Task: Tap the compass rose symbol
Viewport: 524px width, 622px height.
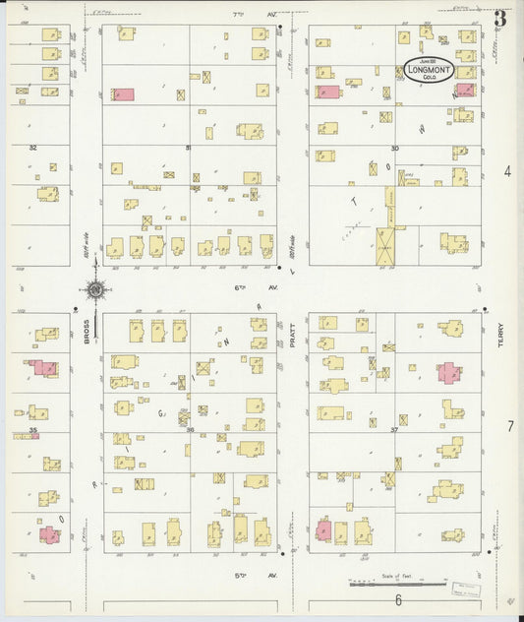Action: (x=94, y=290)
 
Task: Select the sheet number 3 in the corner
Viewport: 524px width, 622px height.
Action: (x=500, y=18)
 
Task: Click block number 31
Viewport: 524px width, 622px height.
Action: (x=189, y=148)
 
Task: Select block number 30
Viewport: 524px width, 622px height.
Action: (x=394, y=148)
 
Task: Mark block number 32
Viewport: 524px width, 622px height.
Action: (x=32, y=148)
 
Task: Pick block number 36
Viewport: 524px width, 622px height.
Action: (x=189, y=429)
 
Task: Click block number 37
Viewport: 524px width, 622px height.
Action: (x=394, y=429)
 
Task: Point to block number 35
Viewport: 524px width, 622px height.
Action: (x=32, y=429)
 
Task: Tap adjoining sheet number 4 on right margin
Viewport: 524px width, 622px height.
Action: (x=508, y=171)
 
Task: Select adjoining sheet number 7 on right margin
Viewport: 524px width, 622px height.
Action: (x=510, y=426)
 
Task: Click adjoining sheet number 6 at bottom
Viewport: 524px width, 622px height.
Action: (x=398, y=599)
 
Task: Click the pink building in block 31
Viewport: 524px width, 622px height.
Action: (x=123, y=94)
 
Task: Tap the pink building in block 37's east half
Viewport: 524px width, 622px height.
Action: (x=448, y=373)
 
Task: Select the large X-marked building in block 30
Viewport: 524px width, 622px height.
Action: (x=385, y=245)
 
